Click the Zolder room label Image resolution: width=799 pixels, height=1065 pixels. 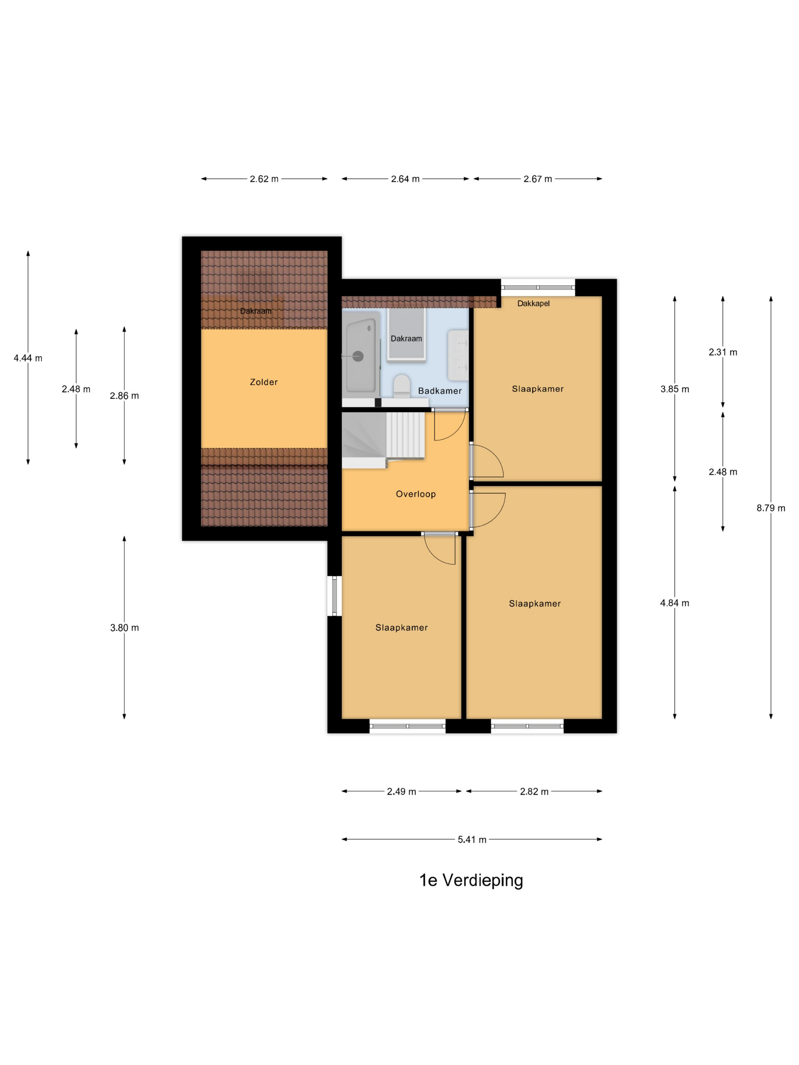pyautogui.click(x=263, y=382)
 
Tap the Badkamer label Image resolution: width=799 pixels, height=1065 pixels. pyautogui.click(x=440, y=391)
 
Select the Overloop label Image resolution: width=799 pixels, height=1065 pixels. pyautogui.click(x=415, y=494)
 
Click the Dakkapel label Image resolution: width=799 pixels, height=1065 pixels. pyautogui.click(x=533, y=303)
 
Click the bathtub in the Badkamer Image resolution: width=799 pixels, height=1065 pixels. pyautogui.click(x=361, y=356)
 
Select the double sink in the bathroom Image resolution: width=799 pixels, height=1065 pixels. pyautogui.click(x=458, y=355)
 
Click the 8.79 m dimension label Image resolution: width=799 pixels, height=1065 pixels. pyautogui.click(x=770, y=508)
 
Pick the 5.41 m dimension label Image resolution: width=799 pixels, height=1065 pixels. pyautogui.click(x=472, y=840)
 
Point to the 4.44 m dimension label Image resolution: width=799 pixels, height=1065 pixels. pyautogui.click(x=28, y=358)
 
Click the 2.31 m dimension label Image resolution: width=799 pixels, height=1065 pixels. pyautogui.click(x=723, y=353)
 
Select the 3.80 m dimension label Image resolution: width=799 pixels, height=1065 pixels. pyautogui.click(x=124, y=628)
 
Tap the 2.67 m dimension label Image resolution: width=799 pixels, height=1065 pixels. pyautogui.click(x=538, y=179)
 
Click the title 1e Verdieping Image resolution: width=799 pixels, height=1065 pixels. pyautogui.click(x=471, y=881)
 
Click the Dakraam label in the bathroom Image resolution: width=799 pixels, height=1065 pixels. pyautogui.click(x=406, y=339)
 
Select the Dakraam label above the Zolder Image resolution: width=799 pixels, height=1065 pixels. pyautogui.click(x=256, y=311)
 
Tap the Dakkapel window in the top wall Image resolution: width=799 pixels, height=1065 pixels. pyautogui.click(x=538, y=288)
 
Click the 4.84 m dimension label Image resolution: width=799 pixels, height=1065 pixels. pyautogui.click(x=674, y=603)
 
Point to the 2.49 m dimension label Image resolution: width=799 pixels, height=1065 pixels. pyautogui.click(x=401, y=792)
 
